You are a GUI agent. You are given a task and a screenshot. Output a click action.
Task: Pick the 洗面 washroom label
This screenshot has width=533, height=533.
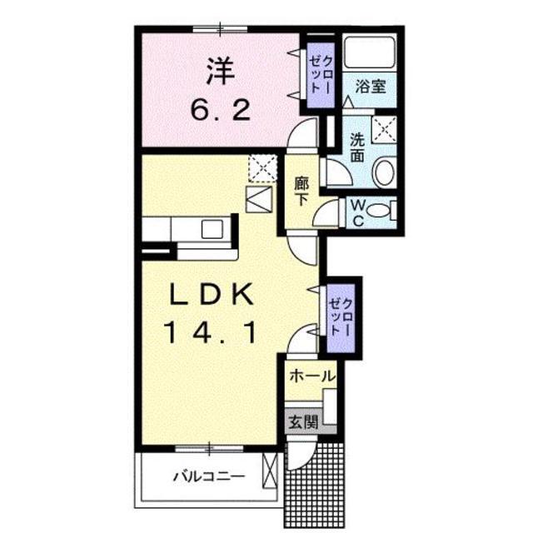click(358, 147)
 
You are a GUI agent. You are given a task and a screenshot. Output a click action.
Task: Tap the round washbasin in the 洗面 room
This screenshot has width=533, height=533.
click(384, 173)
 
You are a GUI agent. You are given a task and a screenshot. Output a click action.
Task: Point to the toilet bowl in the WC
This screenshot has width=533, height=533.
click(379, 211)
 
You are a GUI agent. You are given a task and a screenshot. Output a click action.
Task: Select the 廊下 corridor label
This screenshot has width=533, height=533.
click(301, 192)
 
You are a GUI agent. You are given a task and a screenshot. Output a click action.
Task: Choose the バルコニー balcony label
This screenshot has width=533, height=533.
click(208, 478)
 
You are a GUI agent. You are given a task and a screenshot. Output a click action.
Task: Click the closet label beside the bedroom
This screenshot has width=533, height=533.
click(319, 73)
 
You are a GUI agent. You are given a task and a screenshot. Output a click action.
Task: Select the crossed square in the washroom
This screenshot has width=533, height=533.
click(383, 127)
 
